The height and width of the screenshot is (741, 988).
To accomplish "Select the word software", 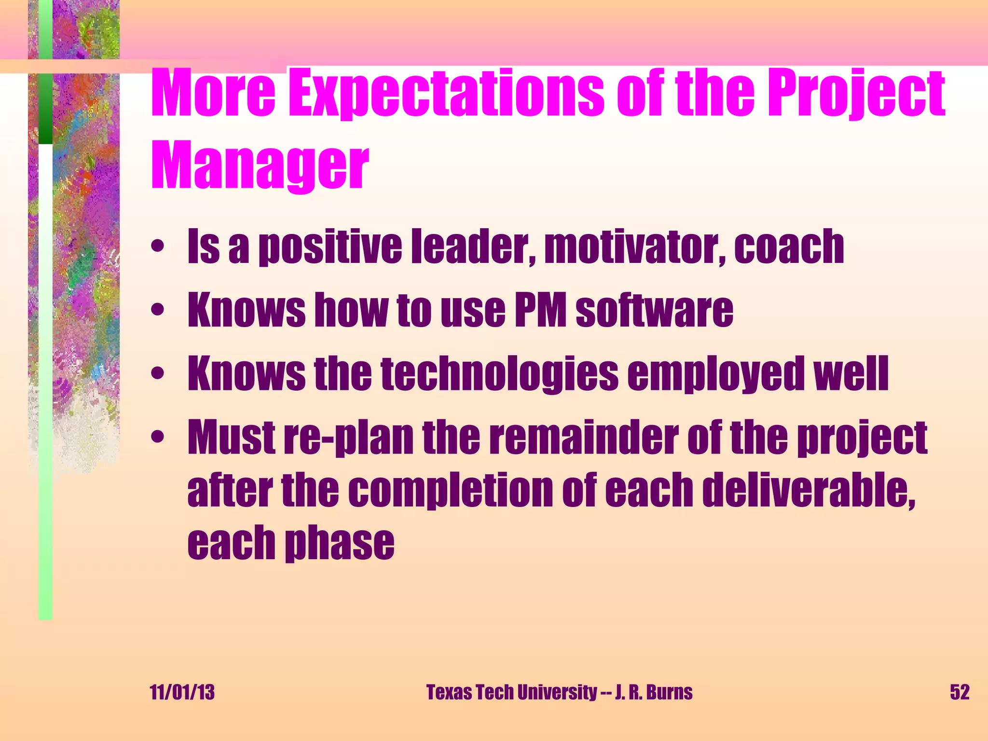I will [x=655, y=310].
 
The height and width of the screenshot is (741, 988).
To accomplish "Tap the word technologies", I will [x=499, y=374].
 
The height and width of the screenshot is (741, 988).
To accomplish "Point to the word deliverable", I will [x=809, y=490].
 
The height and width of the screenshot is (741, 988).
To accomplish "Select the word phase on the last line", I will [x=340, y=544].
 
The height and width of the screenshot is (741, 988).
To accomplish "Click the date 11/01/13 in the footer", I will [x=182, y=692].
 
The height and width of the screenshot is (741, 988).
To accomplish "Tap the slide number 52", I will [x=960, y=692].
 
